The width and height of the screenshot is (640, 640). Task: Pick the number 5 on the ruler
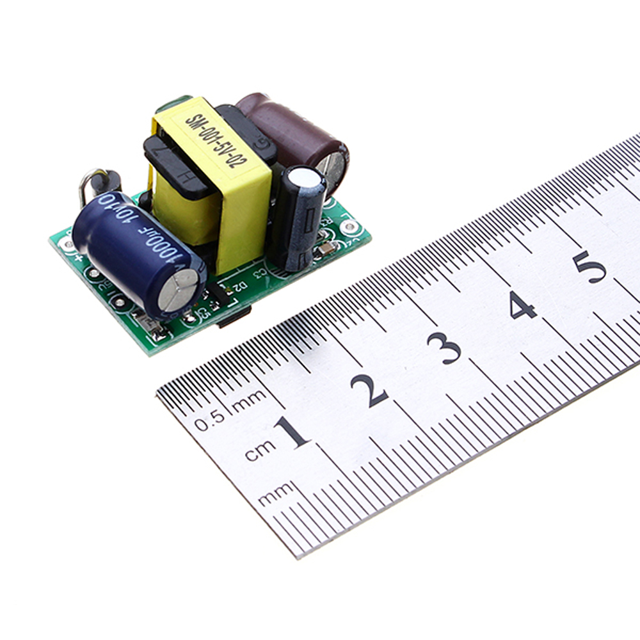(x=589, y=266)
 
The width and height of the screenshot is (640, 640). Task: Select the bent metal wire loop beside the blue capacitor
(x=90, y=185)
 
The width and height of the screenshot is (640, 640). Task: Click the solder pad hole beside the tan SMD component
(x=349, y=227)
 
